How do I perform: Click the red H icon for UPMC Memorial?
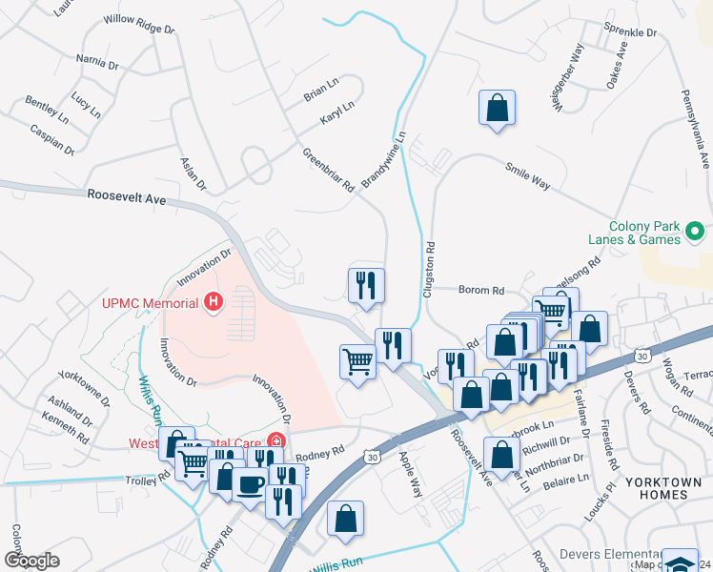pos(214,303)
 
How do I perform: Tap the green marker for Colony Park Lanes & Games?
pos(696,231)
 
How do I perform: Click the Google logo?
pos(31,560)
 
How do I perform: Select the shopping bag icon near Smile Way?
pos(497,108)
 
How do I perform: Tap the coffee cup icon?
pos(250,484)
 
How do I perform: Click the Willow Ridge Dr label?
pos(139,20)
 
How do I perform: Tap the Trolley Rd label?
pos(148,478)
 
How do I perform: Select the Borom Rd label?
pos(480,290)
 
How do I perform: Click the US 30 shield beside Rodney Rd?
pos(371,459)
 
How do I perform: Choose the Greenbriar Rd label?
pos(328,171)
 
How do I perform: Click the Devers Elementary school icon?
pos(680,562)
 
